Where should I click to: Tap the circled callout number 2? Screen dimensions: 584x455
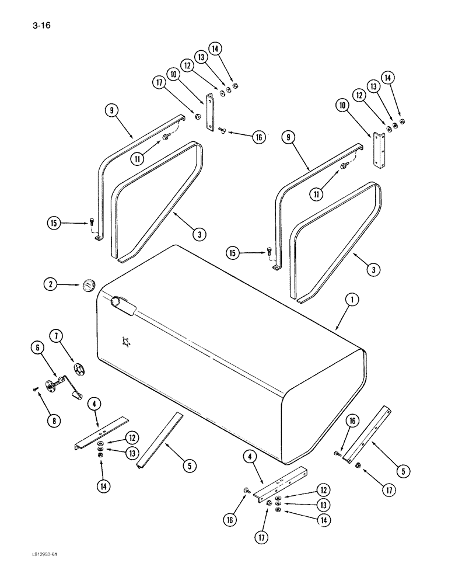click(x=51, y=284)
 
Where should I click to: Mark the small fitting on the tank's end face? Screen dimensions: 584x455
click(x=125, y=343)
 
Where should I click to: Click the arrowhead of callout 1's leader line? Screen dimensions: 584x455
click(x=337, y=330)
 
